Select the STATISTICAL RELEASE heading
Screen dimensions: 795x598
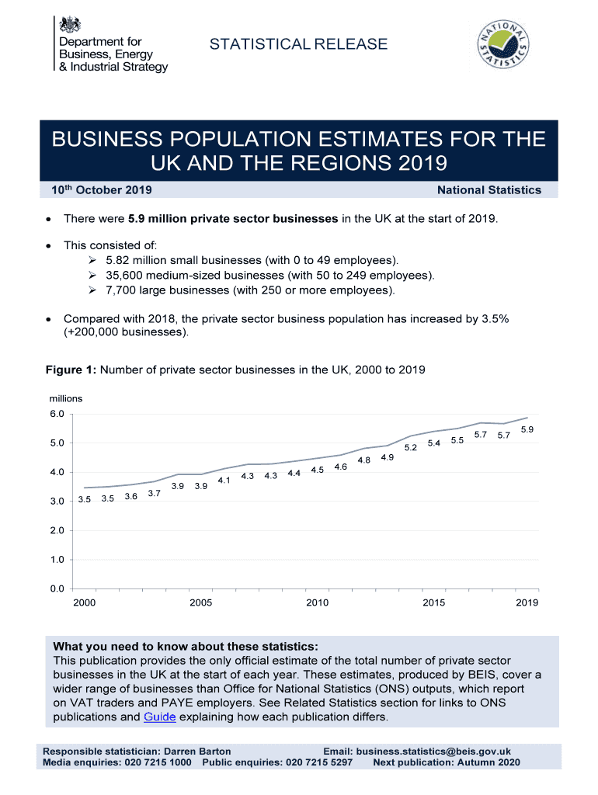pyautogui.click(x=298, y=44)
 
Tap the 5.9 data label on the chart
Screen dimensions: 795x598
pyautogui.click(x=527, y=430)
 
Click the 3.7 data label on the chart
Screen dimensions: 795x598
pyautogui.click(x=154, y=494)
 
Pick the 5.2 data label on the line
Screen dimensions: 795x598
pyautogui.click(x=411, y=448)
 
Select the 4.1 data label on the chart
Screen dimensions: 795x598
pyautogui.click(x=224, y=481)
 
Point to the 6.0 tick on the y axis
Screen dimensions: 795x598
pyautogui.click(x=57, y=414)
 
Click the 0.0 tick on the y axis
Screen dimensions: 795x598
pyautogui.click(x=57, y=588)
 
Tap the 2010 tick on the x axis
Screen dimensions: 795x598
pyautogui.click(x=317, y=603)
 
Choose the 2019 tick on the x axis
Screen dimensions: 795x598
pyautogui.click(x=527, y=603)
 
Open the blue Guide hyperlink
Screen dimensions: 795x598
pyautogui.click(x=160, y=717)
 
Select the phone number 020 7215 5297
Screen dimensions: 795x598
pyautogui.click(x=319, y=762)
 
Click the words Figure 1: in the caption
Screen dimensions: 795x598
pyautogui.click(x=71, y=370)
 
